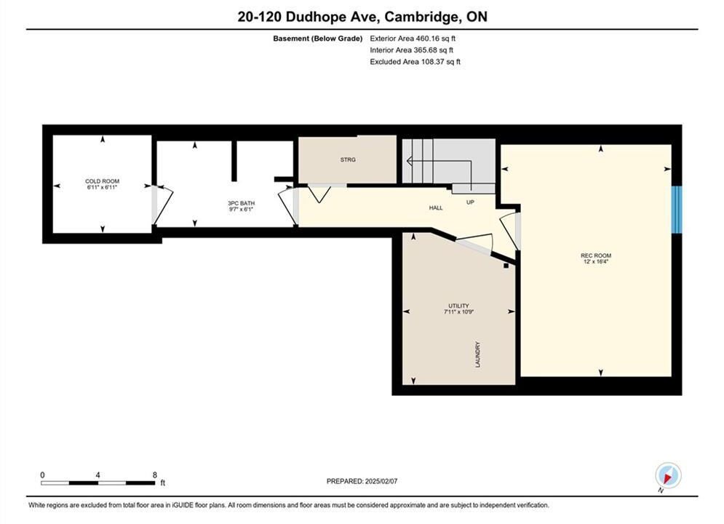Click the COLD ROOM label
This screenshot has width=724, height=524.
point(102,181)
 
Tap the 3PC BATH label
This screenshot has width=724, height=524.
point(241,203)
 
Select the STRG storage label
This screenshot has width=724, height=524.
point(348,159)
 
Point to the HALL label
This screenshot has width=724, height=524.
point(436,207)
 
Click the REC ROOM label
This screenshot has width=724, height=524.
point(596,255)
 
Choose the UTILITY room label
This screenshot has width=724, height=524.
point(458,306)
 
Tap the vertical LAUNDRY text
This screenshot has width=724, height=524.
point(478,354)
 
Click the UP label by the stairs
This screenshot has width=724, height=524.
point(470,202)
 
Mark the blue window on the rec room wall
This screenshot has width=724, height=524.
point(677,210)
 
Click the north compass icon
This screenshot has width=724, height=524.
point(668,475)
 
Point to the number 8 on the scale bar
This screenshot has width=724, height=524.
point(155,475)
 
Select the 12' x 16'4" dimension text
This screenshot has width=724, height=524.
point(596,262)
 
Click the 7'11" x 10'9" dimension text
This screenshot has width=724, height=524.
point(459,312)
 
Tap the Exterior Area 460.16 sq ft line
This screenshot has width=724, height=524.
point(413,39)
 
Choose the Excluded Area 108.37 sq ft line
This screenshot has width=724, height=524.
point(415,62)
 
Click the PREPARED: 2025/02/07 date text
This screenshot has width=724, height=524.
point(362,481)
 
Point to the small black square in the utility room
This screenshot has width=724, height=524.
point(506,266)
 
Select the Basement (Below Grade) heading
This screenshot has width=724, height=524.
point(318,39)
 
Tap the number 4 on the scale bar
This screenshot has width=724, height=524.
point(98,475)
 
